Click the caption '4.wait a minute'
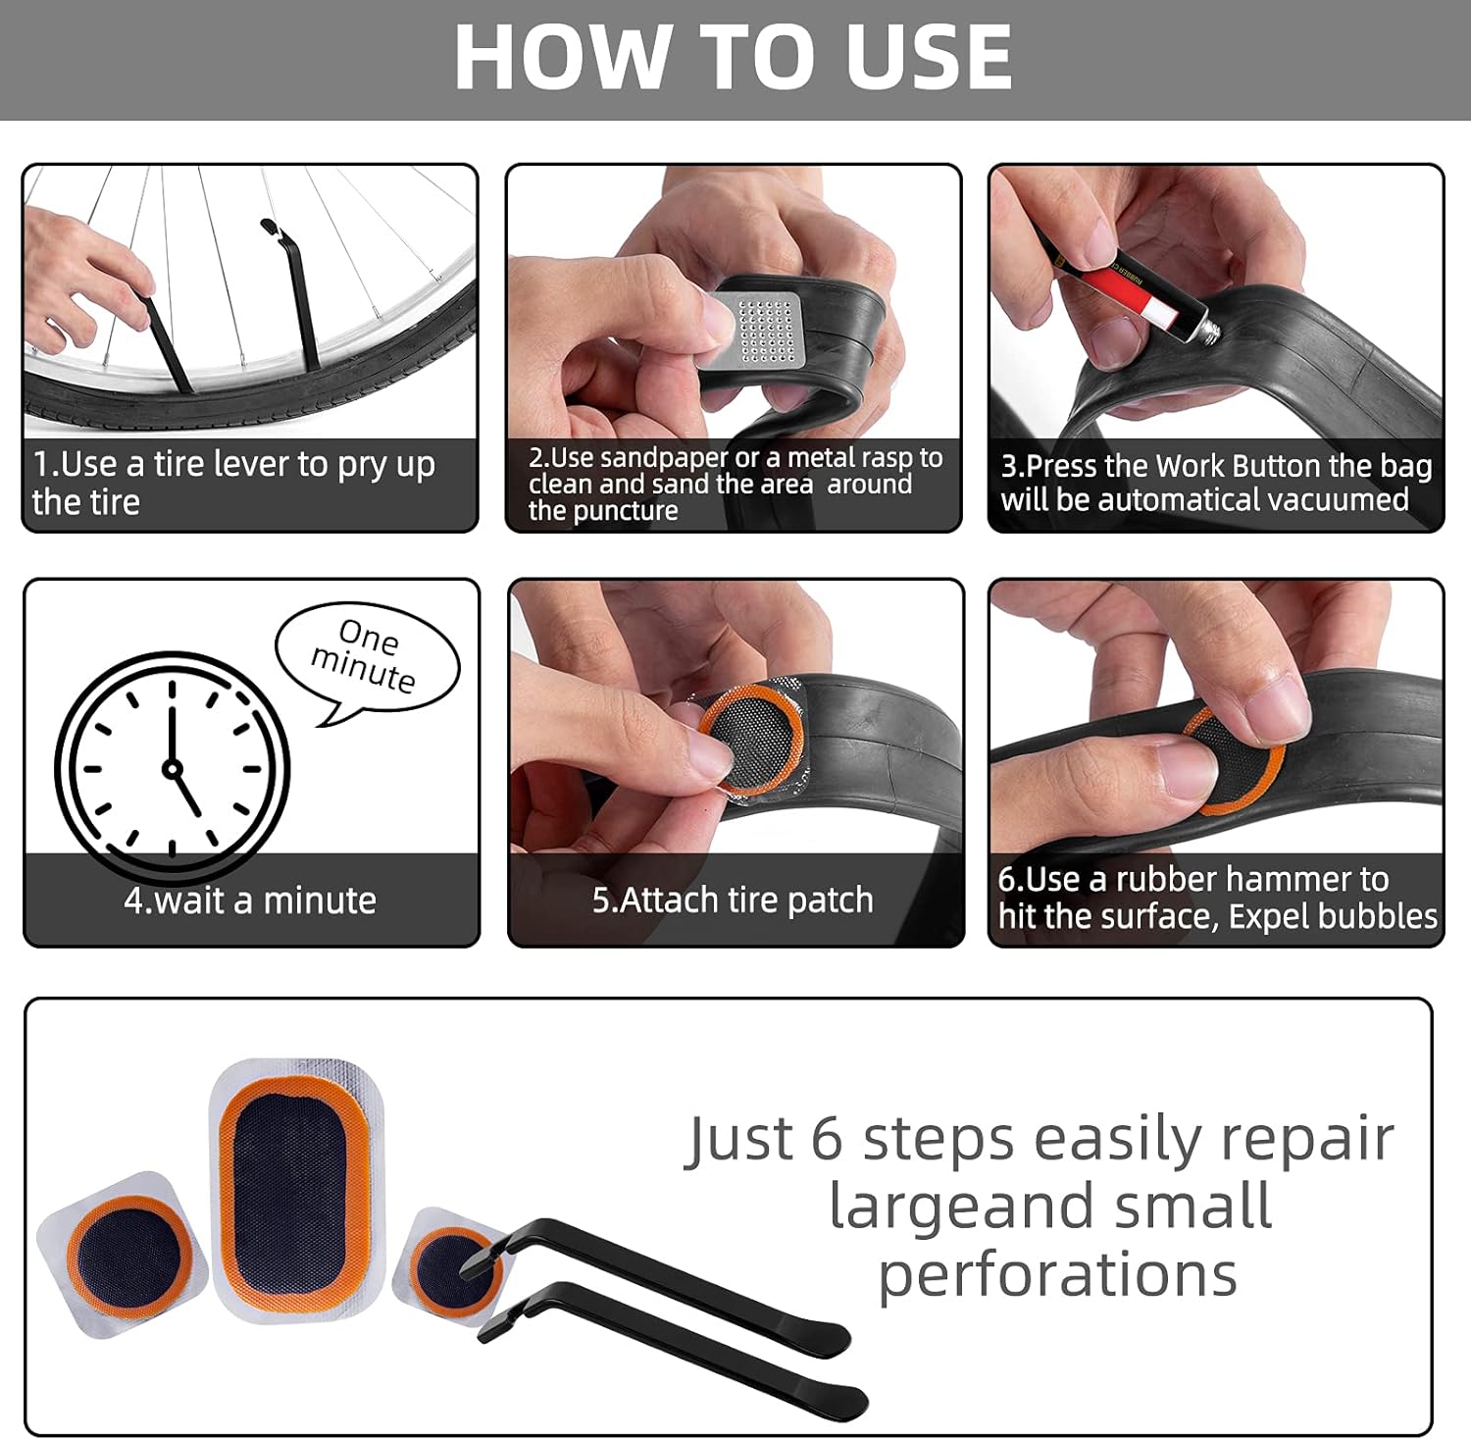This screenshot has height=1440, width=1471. [x=250, y=900]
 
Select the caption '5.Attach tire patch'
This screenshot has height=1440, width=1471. [x=733, y=900]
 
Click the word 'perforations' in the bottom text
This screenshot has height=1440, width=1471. [x=1057, y=1275]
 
